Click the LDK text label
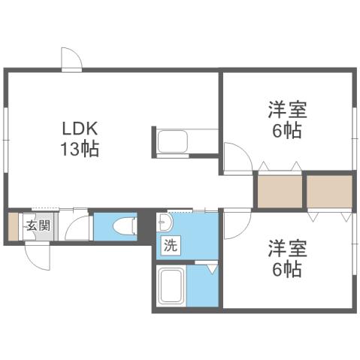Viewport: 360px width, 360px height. [79, 127]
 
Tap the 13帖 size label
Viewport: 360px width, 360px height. [79, 148]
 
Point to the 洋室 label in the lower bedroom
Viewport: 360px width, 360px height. [286, 248]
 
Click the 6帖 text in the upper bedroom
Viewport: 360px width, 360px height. [286, 131]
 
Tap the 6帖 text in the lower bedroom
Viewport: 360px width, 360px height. [286, 268]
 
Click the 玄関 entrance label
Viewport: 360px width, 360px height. [35, 225]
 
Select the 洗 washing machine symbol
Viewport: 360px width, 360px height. [170, 244]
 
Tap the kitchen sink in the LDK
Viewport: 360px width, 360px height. [174, 141]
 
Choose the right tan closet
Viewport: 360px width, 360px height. [329, 191]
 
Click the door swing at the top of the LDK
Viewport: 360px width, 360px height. [70, 58]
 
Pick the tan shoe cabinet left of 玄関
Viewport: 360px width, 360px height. [13, 226]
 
